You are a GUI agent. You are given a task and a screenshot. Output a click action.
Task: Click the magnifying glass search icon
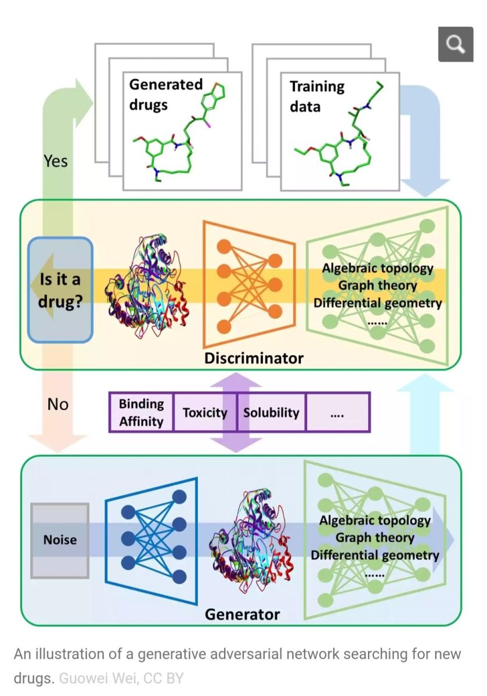[x=456, y=44]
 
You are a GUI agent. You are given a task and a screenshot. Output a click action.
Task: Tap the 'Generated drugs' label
[x=165, y=94]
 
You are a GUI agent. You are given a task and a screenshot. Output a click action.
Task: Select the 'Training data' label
[x=316, y=96]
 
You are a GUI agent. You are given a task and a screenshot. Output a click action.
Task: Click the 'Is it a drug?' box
[x=60, y=290]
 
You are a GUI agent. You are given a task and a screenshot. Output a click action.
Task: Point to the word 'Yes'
[x=56, y=160]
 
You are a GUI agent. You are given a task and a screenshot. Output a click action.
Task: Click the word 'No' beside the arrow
[x=57, y=403]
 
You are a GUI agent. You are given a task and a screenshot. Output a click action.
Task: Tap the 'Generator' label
[x=242, y=614]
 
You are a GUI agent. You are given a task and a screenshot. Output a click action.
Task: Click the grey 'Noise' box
[x=60, y=540]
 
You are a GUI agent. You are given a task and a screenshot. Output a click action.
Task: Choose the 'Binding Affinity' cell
[x=142, y=413]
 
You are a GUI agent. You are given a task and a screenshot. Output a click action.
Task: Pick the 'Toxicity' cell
[x=205, y=413]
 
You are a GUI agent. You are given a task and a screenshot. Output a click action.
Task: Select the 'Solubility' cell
[x=271, y=413]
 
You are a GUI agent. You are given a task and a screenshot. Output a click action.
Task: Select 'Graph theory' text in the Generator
[x=374, y=538]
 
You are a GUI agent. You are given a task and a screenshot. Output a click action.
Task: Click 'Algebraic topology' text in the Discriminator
[x=378, y=268]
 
